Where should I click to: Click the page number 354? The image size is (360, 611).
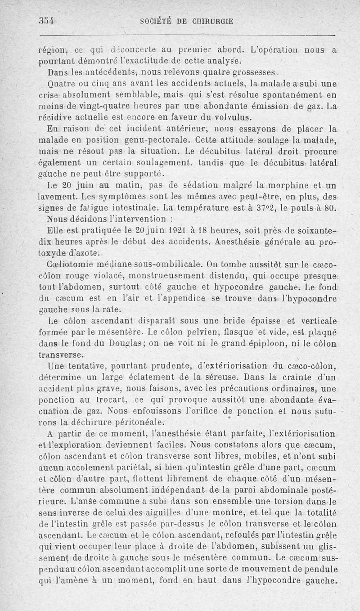pyautogui.click(x=46, y=21)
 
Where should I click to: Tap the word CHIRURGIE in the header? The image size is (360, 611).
pyautogui.click(x=211, y=21)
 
